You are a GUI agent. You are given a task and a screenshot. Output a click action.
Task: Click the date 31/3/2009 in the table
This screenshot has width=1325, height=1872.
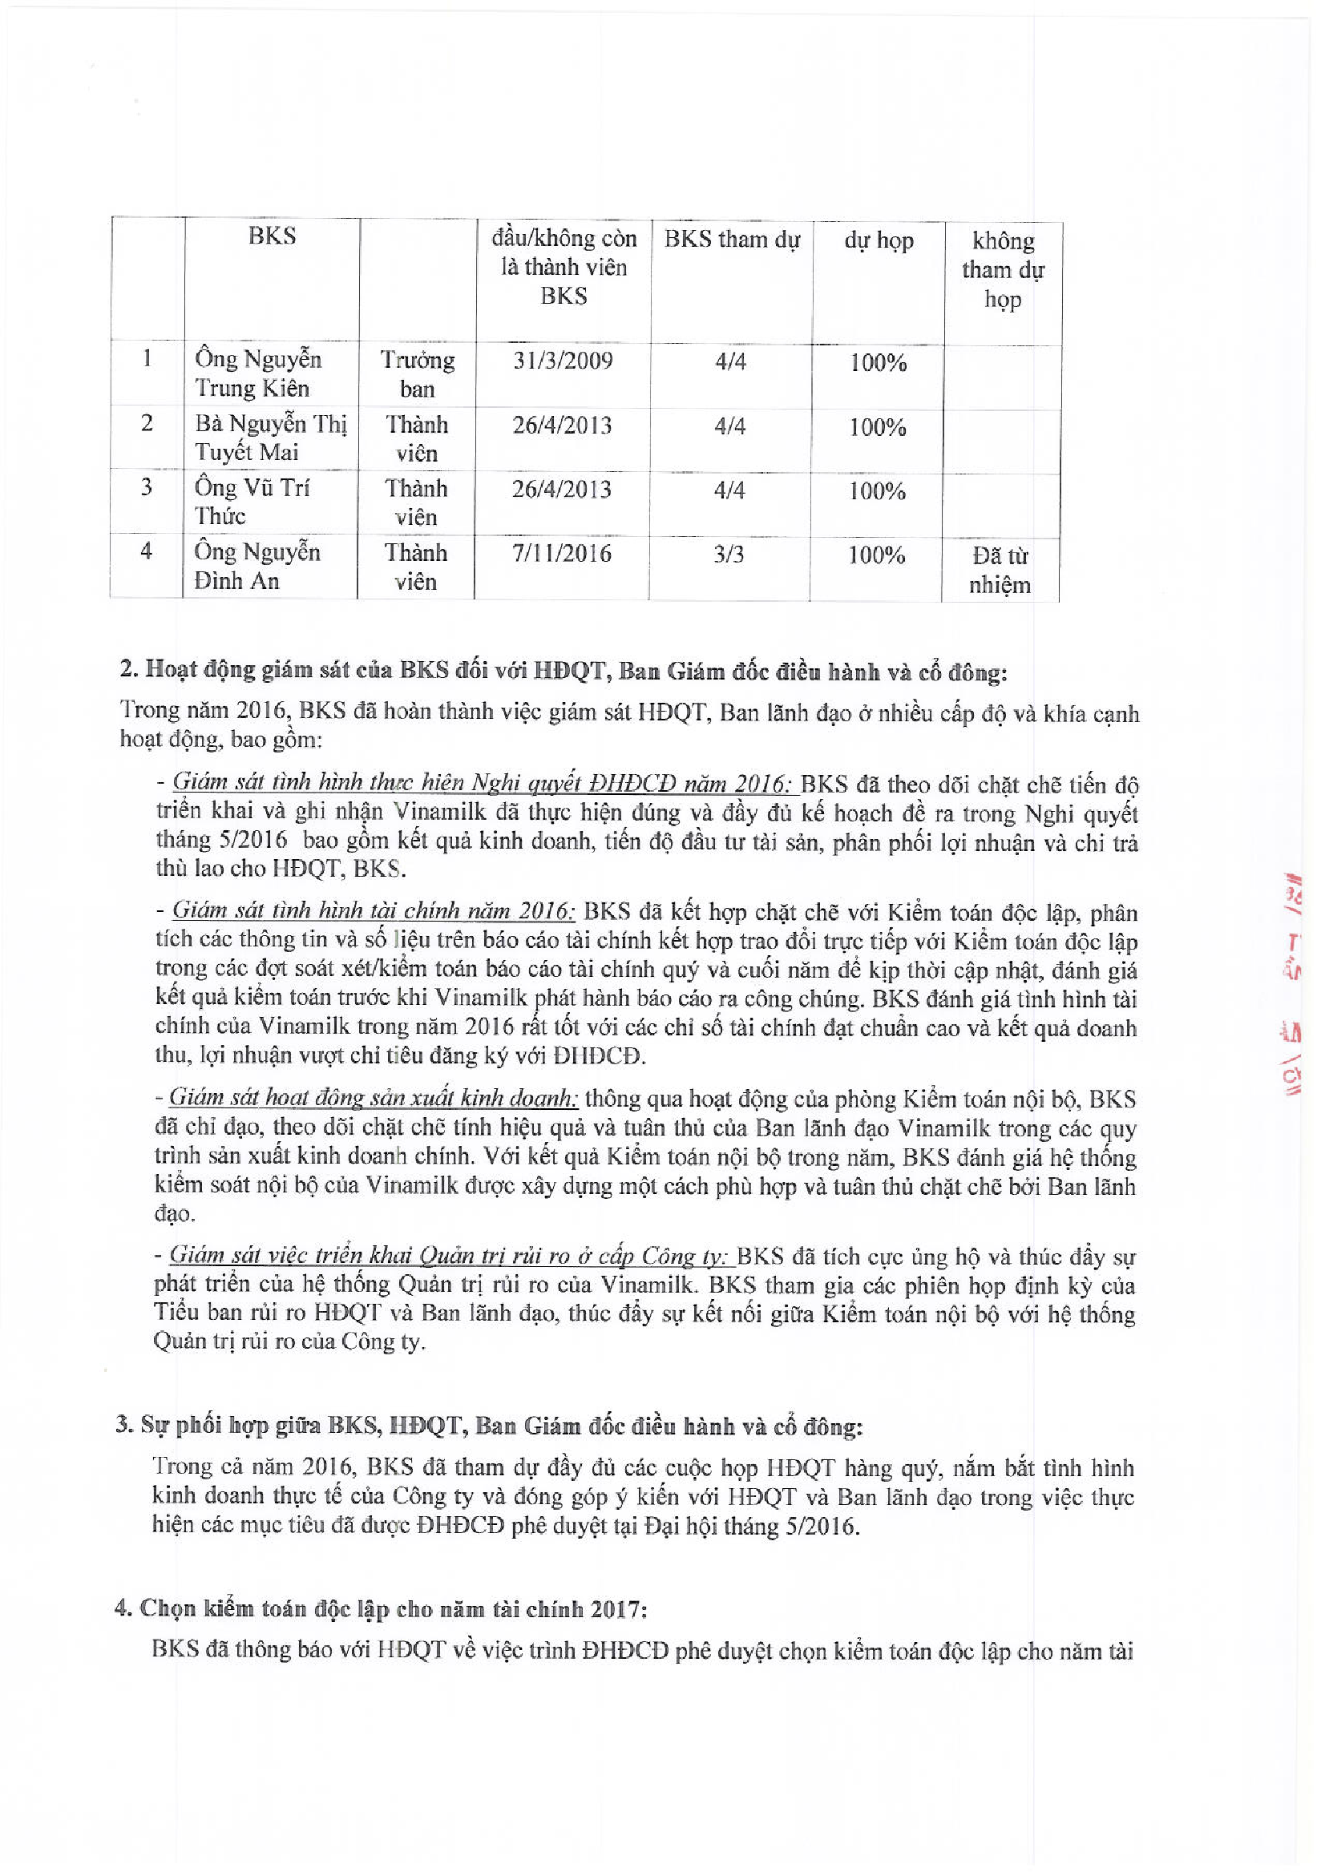pos(563,361)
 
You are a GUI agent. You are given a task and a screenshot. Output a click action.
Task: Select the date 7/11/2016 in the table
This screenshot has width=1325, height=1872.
pos(561,554)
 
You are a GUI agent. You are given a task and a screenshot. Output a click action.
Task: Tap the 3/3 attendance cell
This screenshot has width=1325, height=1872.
pos(729,555)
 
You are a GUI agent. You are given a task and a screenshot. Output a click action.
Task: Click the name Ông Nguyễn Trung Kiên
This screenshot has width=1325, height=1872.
pos(258,373)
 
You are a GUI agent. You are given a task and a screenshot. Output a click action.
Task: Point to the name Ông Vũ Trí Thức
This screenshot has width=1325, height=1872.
pos(252,502)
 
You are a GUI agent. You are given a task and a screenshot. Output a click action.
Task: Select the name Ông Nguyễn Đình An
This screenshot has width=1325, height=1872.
pos(257,566)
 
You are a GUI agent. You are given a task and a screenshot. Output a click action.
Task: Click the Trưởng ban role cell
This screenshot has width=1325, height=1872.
pos(417,374)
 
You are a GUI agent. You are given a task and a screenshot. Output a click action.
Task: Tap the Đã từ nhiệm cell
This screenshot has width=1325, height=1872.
pos(1000,570)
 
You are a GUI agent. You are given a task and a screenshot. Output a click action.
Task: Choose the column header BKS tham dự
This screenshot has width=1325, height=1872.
pos(732,239)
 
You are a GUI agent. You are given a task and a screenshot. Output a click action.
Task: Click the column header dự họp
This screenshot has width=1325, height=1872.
pos(879,240)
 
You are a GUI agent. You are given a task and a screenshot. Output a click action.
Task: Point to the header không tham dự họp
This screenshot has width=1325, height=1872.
pos(1003,270)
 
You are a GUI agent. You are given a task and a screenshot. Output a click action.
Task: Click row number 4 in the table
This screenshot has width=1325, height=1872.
pos(146,551)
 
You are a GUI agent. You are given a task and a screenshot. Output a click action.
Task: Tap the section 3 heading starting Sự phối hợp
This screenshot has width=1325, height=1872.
pos(489,1425)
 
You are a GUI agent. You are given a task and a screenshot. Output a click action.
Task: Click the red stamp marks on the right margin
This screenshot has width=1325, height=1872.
pos(1292,987)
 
